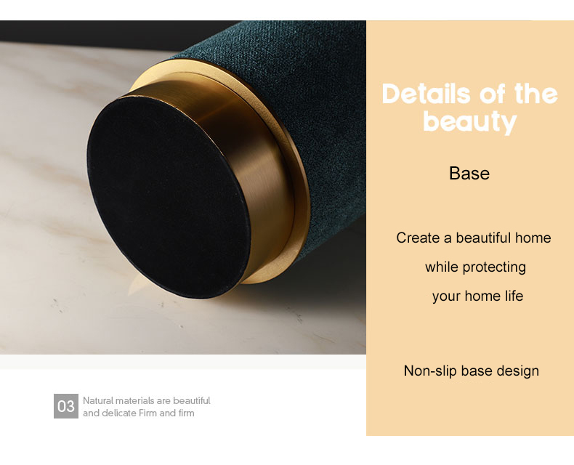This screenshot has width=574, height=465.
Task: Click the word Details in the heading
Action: click(426, 94)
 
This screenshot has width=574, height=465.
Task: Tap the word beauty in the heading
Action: click(469, 122)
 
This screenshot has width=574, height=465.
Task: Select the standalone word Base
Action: click(469, 173)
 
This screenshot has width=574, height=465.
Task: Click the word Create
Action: click(418, 238)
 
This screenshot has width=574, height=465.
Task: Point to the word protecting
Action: click(494, 267)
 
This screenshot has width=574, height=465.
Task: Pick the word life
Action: click(514, 296)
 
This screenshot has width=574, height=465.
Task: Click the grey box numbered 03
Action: click(66, 406)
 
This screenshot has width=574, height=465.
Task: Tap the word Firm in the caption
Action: click(148, 413)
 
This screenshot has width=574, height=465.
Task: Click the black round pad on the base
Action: click(169, 197)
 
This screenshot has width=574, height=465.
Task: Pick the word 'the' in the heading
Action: click(536, 94)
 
